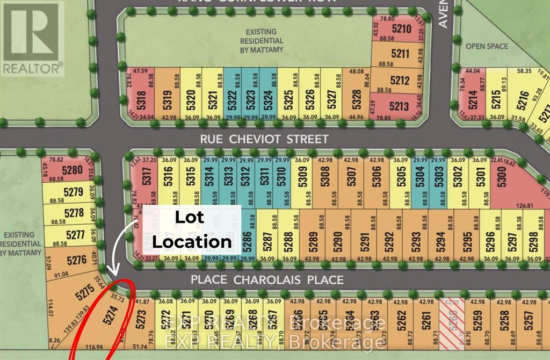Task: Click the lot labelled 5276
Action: tap(77, 261)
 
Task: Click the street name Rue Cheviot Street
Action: tap(264, 139)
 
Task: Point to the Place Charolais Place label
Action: tap(267, 280)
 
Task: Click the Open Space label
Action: tap(487, 46)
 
